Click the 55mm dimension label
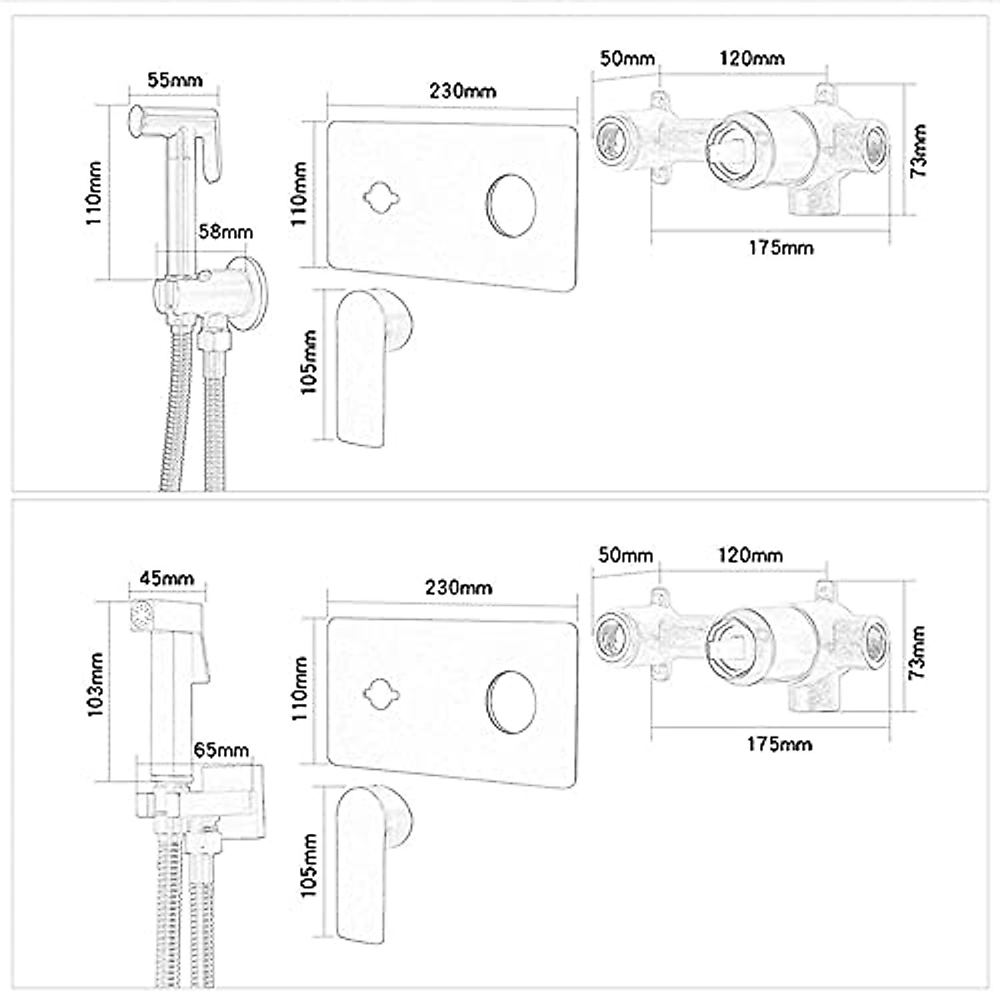point(174,81)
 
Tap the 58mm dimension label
point(225,232)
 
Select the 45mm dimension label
point(167,578)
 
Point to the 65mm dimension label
point(221,750)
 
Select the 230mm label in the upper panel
point(462,91)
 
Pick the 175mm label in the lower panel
point(779,743)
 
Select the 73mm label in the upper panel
point(917,152)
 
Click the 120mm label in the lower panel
point(750,555)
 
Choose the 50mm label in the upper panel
point(626,58)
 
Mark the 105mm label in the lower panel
point(309,864)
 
